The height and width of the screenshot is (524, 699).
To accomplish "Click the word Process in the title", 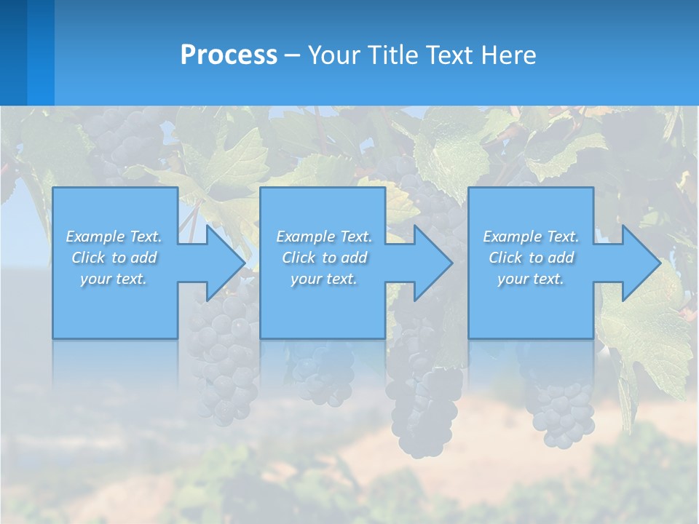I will coord(229,55).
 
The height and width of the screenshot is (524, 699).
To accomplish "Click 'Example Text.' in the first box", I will coord(114,237).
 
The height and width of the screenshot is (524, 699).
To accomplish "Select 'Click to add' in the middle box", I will coord(324,258).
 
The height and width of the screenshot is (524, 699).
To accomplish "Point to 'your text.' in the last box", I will coord(531,279).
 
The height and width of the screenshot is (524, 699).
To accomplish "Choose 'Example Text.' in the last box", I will coord(531,237).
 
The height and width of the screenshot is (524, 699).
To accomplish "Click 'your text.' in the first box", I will coord(114,279).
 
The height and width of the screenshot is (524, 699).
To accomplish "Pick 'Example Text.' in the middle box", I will coord(324,237).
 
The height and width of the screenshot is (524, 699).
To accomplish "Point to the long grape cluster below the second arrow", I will coord(422,393).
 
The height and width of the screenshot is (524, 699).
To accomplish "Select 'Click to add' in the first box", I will coord(114,258).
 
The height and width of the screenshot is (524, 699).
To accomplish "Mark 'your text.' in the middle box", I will coord(324,279).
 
